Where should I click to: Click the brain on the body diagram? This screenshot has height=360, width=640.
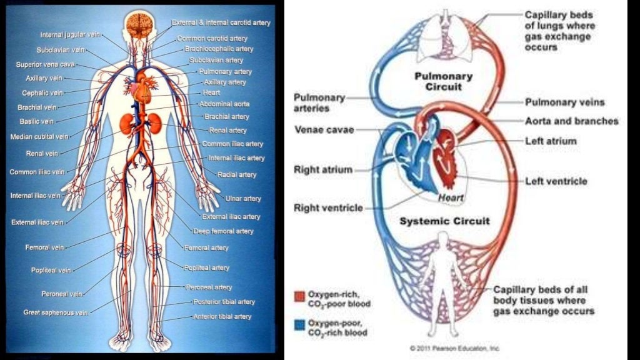138,24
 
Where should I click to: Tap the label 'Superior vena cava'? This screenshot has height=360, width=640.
40,64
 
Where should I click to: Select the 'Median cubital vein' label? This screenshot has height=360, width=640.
39,137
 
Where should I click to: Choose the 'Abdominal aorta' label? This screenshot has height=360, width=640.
224,104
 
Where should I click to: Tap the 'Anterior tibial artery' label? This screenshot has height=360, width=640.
222,317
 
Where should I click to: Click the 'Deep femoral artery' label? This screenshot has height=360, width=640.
223,231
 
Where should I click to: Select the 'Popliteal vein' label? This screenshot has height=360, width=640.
51,271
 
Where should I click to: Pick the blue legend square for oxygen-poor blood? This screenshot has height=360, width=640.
299,324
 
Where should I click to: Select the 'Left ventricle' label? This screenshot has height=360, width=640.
556,181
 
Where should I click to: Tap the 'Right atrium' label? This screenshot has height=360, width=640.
323,169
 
